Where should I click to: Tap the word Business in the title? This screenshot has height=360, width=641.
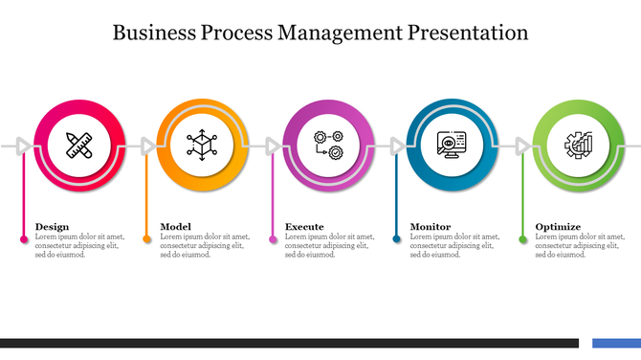click(x=153, y=33)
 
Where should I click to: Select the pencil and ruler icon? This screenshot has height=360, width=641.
click(x=78, y=146)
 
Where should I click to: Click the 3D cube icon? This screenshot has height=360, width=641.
click(x=202, y=146)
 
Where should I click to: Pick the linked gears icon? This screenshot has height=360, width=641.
click(x=328, y=146)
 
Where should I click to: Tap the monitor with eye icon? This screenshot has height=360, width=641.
click(x=451, y=146)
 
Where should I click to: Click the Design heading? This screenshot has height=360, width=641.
click(x=52, y=227)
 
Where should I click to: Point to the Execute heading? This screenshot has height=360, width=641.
click(x=303, y=227)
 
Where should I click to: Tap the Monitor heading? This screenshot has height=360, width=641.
click(x=431, y=227)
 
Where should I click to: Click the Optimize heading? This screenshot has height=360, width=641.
click(x=558, y=227)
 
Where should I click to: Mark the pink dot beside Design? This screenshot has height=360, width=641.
click(x=23, y=238)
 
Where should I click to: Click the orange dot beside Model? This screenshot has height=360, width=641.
click(x=147, y=238)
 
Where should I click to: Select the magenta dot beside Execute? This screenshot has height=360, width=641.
click(x=273, y=238)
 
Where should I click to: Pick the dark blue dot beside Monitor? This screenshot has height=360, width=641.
click(x=397, y=238)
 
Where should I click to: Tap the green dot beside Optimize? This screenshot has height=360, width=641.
click(x=522, y=238)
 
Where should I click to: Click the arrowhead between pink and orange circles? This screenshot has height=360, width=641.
click(x=147, y=146)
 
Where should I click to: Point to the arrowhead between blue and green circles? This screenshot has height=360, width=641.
click(x=522, y=146)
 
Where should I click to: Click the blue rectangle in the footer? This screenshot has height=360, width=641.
click(x=616, y=342)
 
